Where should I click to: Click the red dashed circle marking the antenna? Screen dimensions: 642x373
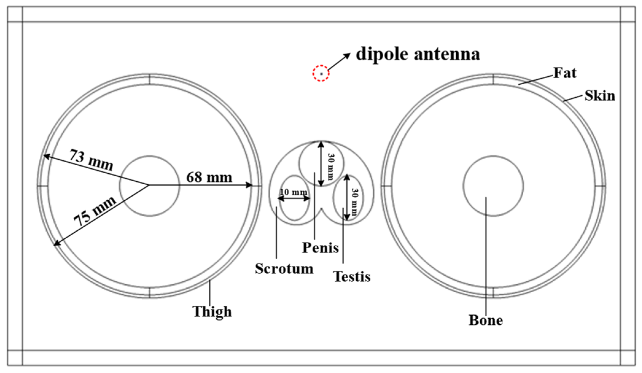pyautogui.click(x=321, y=73)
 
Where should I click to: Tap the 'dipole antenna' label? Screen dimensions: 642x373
pyautogui.click(x=418, y=54)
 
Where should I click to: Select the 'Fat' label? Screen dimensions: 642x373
pyautogui.click(x=565, y=73)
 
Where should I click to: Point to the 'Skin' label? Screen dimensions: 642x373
pyautogui.click(x=600, y=96)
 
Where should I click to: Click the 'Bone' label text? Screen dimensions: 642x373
pyautogui.click(x=485, y=320)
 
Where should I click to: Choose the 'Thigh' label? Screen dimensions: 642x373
pyautogui.click(x=212, y=312)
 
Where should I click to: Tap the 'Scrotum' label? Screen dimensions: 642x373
pyautogui.click(x=284, y=269)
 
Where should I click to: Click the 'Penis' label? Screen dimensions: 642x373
pyautogui.click(x=320, y=248)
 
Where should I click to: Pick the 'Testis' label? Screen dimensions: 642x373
pyautogui.click(x=352, y=277)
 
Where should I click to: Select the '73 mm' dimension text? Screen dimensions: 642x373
pyautogui.click(x=91, y=160)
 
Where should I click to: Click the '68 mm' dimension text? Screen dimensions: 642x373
pyautogui.click(x=209, y=177)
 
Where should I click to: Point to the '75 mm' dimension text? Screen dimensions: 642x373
pyautogui.click(x=95, y=210)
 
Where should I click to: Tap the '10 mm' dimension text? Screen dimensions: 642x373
pyautogui.click(x=293, y=192)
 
